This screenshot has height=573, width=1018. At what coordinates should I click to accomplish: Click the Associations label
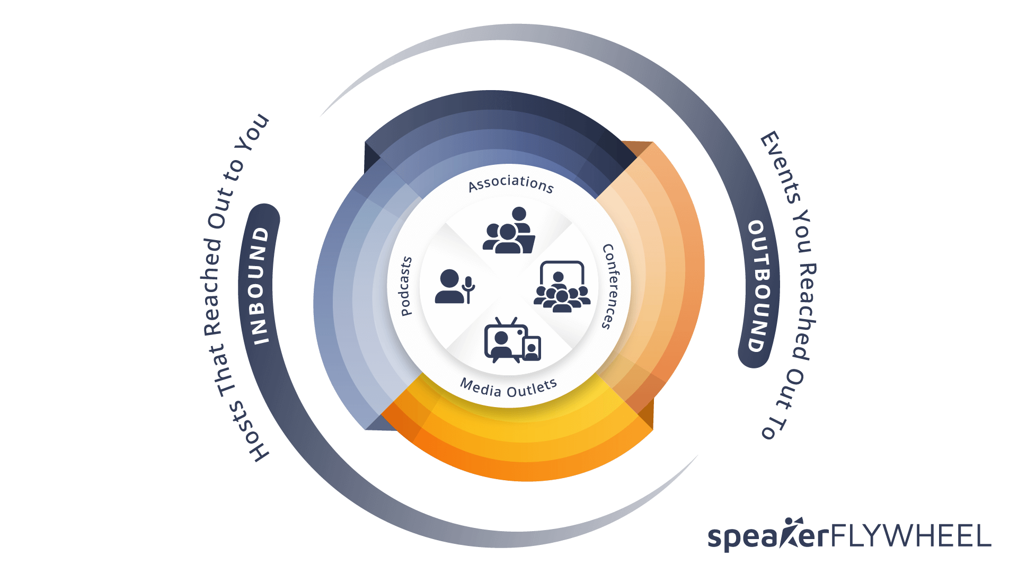(x=511, y=183)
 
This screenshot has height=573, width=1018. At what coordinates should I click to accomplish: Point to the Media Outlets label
(x=509, y=387)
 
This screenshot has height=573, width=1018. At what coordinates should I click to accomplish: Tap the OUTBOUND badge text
(x=758, y=286)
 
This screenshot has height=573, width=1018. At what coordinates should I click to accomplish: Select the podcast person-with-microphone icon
(x=455, y=286)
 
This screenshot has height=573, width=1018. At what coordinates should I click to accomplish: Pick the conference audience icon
(x=562, y=287)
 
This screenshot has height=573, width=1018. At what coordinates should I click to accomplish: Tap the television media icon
(x=512, y=340)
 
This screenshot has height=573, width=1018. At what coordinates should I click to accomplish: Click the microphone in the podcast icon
(x=468, y=289)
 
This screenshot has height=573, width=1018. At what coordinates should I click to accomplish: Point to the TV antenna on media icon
(x=506, y=321)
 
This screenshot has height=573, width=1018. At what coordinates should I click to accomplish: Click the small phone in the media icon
(x=532, y=348)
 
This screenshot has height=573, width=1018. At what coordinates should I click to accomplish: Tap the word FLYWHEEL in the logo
(x=910, y=536)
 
